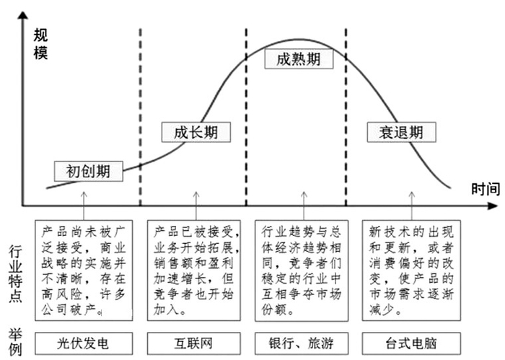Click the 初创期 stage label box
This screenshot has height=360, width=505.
tap(88, 171)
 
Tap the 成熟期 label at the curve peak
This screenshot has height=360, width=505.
tap(298, 58)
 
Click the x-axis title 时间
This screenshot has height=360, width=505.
tap(485, 189)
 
